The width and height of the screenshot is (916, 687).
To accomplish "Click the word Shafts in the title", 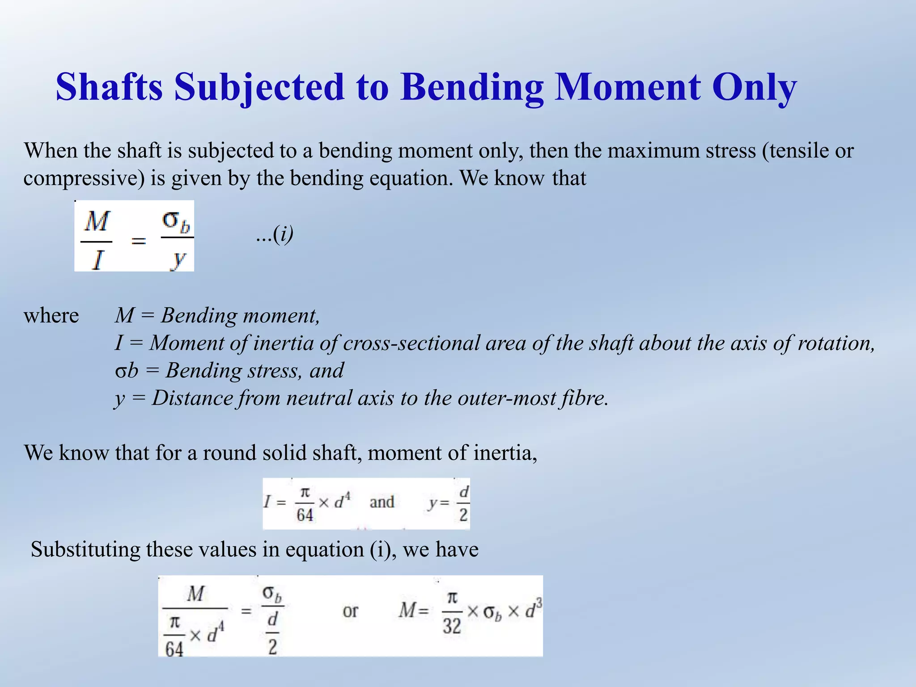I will coord(109,87).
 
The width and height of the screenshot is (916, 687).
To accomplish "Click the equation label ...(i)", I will coord(275,234).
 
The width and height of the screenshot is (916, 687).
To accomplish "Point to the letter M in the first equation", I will coord(97,221).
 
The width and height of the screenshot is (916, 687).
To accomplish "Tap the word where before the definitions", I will coord(51,315).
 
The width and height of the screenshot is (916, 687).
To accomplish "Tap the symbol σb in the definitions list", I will coord(126,371).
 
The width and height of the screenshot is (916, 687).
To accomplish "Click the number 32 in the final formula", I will coord(452,626).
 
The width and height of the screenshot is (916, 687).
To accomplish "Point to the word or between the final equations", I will coord(350,611).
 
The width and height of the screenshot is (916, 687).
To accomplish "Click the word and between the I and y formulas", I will coord(382,502).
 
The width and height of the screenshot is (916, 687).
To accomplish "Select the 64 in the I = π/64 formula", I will coord(305,515).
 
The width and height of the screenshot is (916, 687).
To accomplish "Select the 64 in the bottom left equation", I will coord(174,648).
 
